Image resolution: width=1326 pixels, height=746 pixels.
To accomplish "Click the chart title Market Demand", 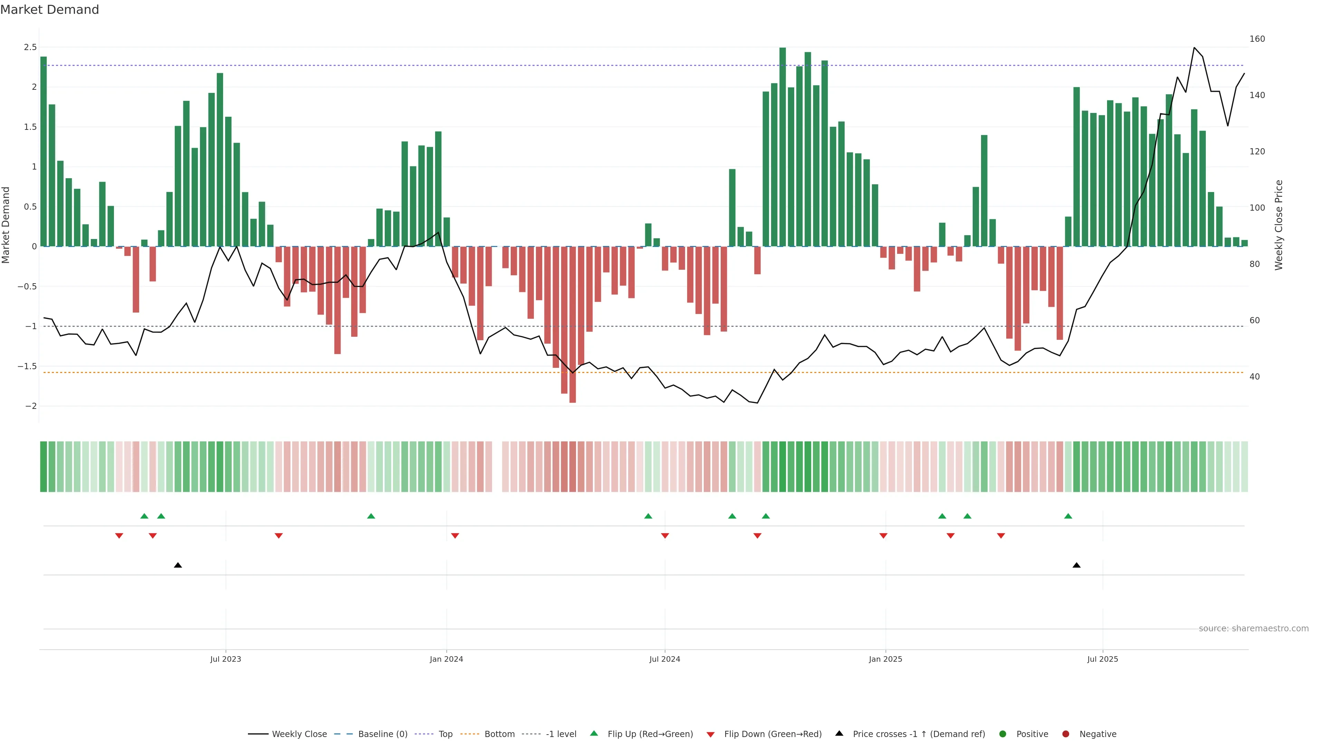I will [49, 10].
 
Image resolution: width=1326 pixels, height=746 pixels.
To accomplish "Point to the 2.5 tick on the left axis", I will [30, 47].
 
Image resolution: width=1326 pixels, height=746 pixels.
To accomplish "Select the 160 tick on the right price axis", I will [1257, 39].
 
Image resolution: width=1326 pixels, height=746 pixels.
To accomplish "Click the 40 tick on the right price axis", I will [1255, 377].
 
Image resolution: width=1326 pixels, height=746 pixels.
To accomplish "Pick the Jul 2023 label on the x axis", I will [225, 659].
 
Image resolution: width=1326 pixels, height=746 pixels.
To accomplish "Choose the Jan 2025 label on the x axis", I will [885, 659].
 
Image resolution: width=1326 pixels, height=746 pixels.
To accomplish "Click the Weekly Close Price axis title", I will [1279, 225].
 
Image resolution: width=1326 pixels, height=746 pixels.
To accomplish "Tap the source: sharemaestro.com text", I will [1253, 629].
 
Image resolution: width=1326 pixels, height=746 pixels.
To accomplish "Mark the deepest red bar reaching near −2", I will [573, 324].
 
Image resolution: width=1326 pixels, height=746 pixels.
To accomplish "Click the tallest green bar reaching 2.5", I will [782, 147].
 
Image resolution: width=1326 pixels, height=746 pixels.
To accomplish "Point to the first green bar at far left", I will [44, 152].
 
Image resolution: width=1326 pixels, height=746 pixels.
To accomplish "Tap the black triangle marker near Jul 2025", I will [1076, 565].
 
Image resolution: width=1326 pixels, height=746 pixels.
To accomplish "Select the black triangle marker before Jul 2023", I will [178, 565].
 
